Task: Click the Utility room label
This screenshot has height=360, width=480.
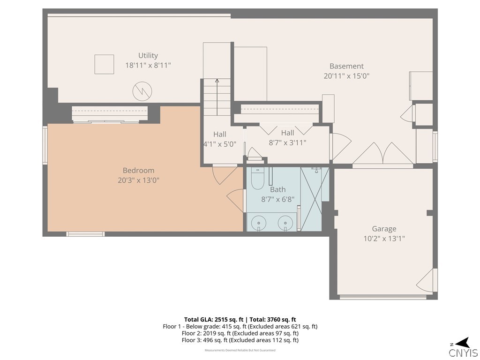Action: coord(148,55)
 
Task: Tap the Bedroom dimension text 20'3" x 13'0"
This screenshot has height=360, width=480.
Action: coord(139,180)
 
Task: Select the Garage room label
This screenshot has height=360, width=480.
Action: coord(384,229)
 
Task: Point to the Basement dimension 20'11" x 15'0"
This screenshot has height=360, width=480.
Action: coord(346,76)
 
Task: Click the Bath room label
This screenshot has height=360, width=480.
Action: coord(277,190)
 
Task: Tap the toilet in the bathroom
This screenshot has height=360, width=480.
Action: coord(257,179)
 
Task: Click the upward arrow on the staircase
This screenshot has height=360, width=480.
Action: coord(217,97)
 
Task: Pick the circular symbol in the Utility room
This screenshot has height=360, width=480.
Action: coord(142,91)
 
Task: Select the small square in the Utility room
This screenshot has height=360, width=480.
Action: coord(105,64)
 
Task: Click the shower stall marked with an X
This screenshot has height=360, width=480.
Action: coord(311,199)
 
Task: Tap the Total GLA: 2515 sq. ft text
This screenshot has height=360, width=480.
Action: coord(214,320)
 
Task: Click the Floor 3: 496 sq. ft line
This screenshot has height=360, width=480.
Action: coord(240,340)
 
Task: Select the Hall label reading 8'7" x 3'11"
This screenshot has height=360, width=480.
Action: coord(287,138)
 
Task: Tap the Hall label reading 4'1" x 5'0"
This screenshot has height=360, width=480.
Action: coord(220,139)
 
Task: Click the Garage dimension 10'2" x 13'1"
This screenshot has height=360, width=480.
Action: coord(384,239)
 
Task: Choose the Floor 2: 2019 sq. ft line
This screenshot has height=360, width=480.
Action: coord(240,333)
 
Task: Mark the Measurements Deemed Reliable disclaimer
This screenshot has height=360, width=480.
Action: coord(240,350)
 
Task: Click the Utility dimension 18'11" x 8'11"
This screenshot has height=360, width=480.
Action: coord(148,65)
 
